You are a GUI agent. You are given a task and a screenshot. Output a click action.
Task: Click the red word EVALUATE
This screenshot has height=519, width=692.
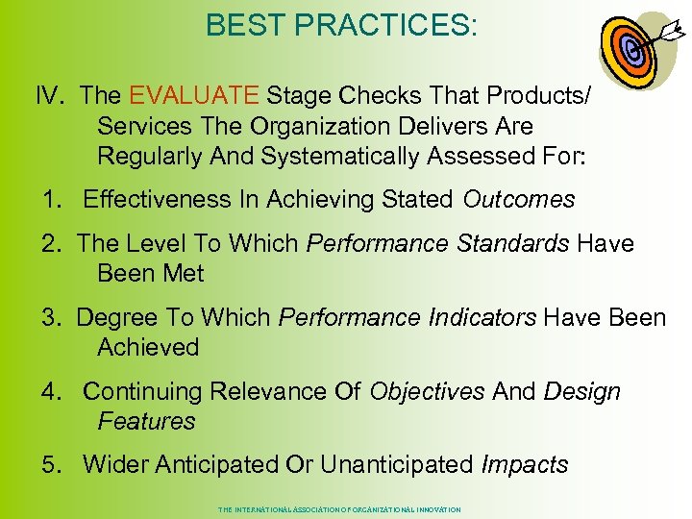coord(193,95)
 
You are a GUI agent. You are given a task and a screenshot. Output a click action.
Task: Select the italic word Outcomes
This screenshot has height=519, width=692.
coord(519,199)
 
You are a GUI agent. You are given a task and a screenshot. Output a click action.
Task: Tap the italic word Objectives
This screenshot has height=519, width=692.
coord(428,391)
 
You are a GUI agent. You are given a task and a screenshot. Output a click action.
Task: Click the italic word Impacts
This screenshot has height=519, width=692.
coord(525,464)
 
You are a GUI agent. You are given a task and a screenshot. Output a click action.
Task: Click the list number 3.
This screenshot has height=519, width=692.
coord(50,317)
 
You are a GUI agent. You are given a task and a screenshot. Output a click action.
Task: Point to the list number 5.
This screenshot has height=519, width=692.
coord(50,464)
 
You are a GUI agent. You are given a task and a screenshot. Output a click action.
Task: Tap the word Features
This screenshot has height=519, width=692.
coord(146,421)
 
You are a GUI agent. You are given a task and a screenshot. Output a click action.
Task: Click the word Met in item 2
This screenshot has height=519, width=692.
coord(184,273)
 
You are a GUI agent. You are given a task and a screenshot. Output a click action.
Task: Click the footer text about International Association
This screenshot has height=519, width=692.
coord(339,509)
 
